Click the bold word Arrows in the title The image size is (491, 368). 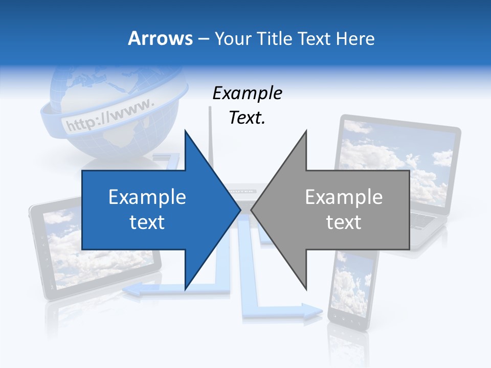point(160,38)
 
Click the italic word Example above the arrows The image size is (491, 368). point(247,93)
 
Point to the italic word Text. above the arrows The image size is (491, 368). point(247,118)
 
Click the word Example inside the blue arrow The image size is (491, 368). point(147,197)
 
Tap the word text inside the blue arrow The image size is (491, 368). point(147,222)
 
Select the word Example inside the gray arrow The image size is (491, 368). point(344,197)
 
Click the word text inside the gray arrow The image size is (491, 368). point(344,222)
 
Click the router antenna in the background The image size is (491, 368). point(210,133)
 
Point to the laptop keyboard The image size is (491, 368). point(425,220)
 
